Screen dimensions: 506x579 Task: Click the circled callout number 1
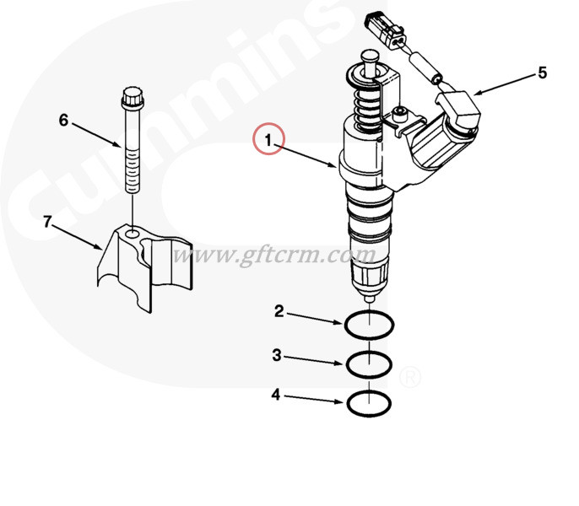[269, 139]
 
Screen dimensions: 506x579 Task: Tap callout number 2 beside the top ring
[279, 312]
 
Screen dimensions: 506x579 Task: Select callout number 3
[276, 356]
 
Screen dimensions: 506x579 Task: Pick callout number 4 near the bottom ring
[275, 394]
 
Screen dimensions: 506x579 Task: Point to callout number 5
[542, 73]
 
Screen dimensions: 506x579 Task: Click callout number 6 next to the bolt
[63, 120]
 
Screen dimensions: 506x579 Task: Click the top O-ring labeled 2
[369, 323]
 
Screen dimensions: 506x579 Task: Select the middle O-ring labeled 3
[369, 364]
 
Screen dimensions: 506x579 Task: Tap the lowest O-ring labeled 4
[369, 403]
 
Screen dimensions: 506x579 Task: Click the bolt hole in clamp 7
[133, 229]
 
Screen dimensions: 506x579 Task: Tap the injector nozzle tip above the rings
[369, 298]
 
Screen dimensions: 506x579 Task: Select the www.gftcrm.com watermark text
[274, 253]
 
